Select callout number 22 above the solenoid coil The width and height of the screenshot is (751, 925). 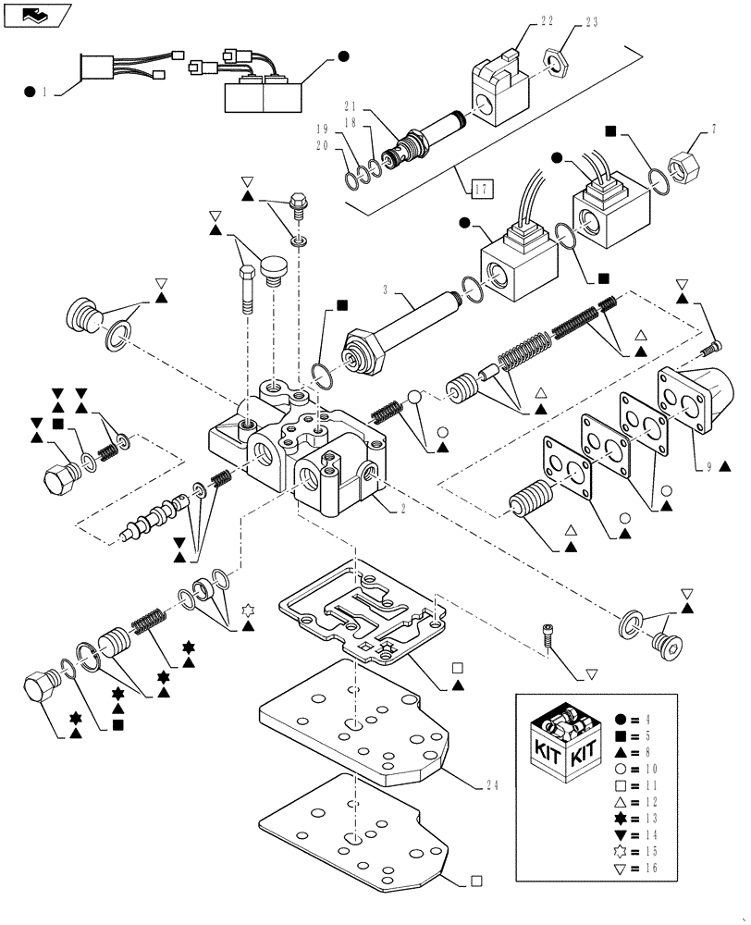521,21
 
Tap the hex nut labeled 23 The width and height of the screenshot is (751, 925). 555,62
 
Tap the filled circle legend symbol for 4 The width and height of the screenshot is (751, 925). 621,719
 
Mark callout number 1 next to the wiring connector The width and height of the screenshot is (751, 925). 43,92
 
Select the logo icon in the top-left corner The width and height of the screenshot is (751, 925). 36,15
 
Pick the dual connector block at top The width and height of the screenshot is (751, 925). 263,92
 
